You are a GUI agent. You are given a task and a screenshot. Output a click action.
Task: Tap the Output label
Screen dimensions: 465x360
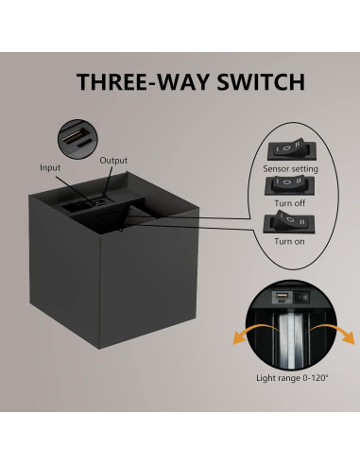pos(113,160)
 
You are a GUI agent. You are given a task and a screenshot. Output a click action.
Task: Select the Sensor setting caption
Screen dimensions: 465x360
pos(291,168)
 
